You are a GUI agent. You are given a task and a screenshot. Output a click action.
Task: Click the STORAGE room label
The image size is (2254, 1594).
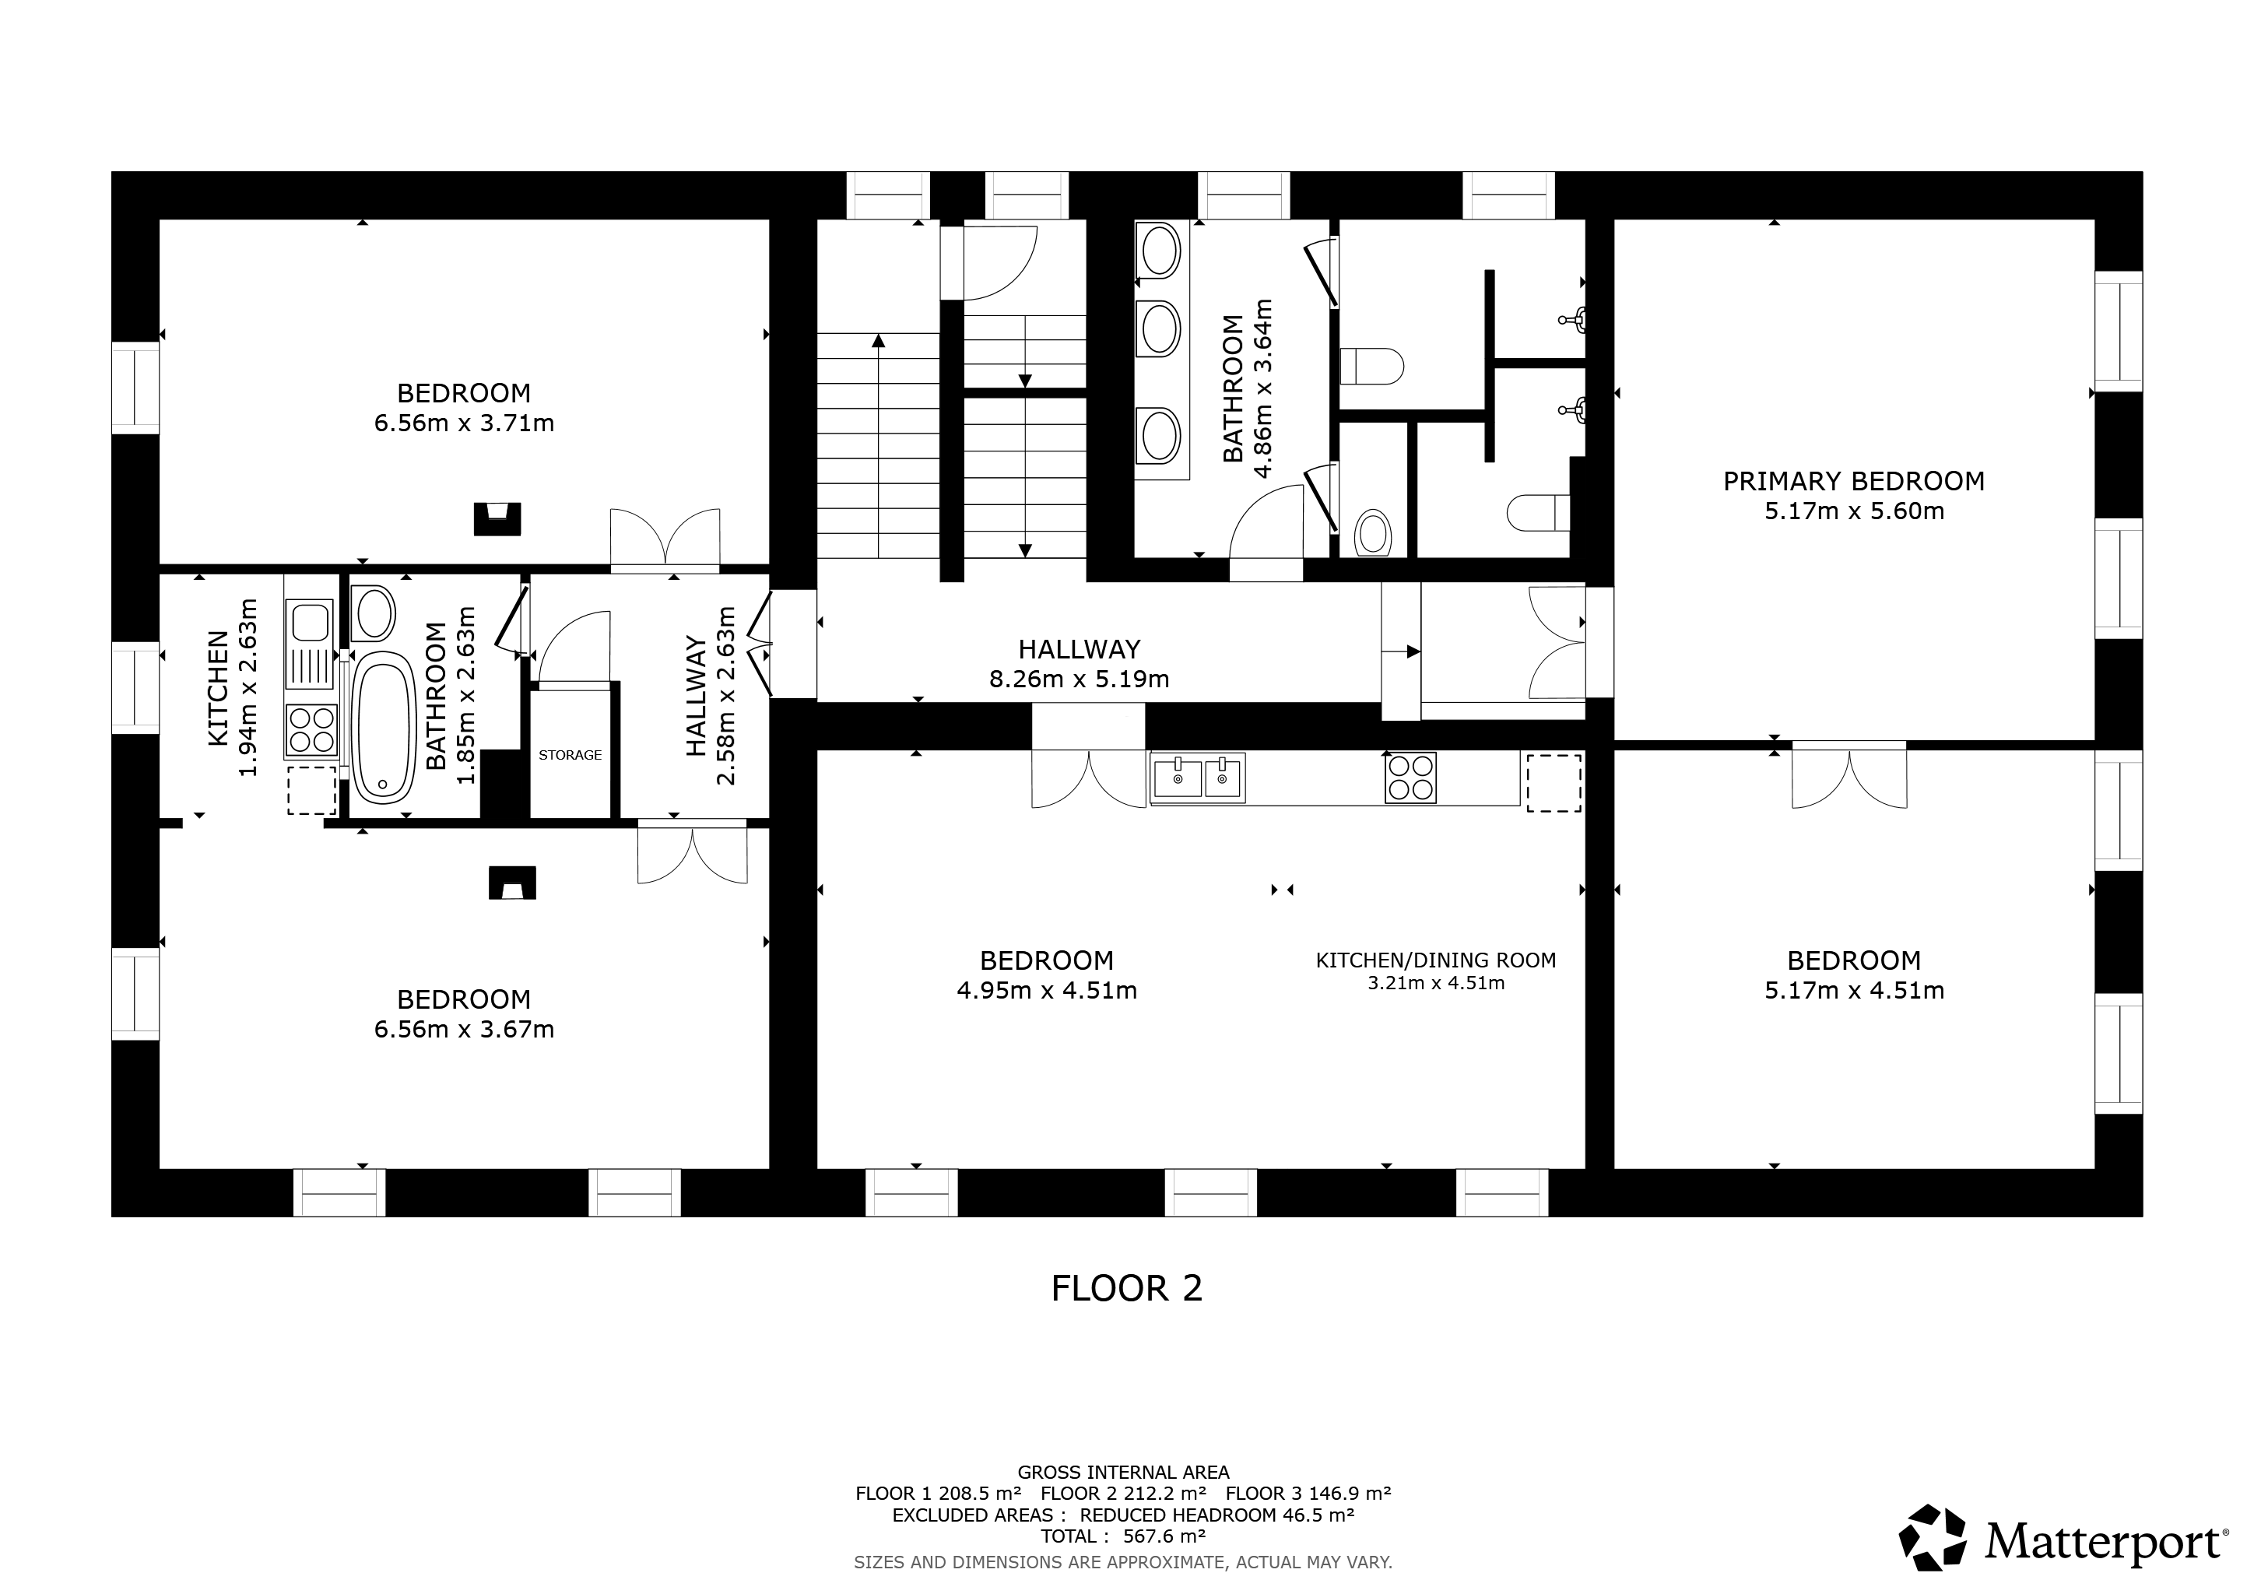(570, 755)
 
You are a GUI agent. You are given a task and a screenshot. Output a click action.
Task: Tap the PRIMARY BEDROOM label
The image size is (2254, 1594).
(1853, 481)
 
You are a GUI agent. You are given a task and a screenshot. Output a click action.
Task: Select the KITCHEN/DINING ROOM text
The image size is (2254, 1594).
(1435, 960)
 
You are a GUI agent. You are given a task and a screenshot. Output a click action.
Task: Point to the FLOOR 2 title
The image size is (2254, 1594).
(1126, 1289)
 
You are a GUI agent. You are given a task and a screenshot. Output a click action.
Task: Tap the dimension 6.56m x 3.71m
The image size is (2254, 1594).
(465, 423)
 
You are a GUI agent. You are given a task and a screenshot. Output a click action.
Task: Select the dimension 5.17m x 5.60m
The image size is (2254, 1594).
(1853, 511)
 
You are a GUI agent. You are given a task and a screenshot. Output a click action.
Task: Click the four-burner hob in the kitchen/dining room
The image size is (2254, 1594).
(1411, 778)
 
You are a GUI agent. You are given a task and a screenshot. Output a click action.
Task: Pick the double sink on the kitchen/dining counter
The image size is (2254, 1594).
(1198, 777)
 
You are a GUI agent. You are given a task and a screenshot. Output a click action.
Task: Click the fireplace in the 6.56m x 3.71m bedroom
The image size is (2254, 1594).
(497, 518)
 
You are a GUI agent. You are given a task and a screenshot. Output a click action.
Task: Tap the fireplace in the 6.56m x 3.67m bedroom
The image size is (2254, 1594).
(512, 883)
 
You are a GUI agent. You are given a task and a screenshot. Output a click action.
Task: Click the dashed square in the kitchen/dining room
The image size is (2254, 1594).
(1553, 782)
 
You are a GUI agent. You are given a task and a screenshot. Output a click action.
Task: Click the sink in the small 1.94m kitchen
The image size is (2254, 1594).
(311, 644)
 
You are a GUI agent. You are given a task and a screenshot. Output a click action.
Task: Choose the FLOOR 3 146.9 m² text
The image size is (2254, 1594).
(1308, 1494)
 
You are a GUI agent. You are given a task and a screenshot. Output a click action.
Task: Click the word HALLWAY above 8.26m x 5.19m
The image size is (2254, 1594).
(1079, 649)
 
